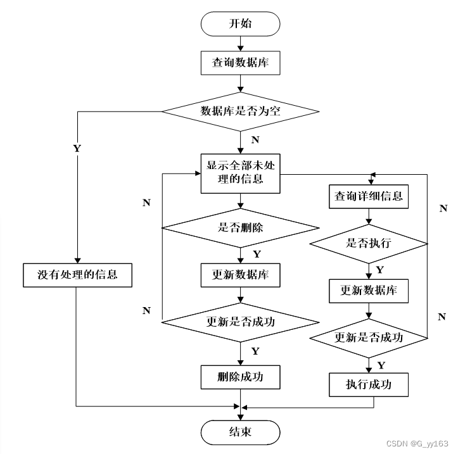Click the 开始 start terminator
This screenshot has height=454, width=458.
click(240, 23)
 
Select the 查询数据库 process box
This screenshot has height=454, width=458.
click(240, 63)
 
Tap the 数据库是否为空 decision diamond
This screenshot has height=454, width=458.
click(240, 111)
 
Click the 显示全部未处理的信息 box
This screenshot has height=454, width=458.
click(240, 172)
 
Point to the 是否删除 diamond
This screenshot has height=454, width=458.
click(240, 228)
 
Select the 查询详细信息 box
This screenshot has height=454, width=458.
click(368, 196)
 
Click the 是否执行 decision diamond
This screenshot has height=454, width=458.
click(368, 243)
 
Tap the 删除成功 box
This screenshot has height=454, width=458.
click(240, 377)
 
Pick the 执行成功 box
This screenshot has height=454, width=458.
click(368, 384)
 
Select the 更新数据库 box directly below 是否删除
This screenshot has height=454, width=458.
click(240, 275)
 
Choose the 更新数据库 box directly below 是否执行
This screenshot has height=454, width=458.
click(368, 291)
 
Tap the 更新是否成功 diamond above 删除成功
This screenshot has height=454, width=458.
click(240, 322)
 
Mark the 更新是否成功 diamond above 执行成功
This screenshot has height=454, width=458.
click(368, 337)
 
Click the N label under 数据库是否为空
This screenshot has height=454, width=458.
click(255, 139)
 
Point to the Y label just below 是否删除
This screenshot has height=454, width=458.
click(256, 254)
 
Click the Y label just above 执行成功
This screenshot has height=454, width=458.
click(381, 365)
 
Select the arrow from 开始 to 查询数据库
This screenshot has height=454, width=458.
click(240, 42)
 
